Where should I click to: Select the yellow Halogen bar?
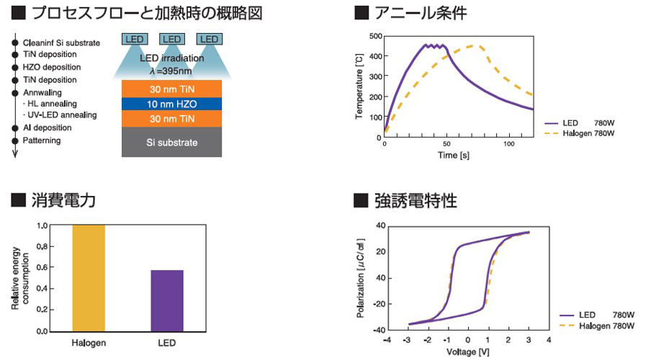88,278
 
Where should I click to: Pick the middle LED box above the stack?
171,38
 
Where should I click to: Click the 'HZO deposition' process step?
52,67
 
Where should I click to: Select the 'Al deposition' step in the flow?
48,127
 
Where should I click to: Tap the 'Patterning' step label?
42,140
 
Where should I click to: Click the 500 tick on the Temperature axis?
375,35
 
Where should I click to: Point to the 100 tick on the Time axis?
509,144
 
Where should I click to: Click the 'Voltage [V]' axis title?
467,351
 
